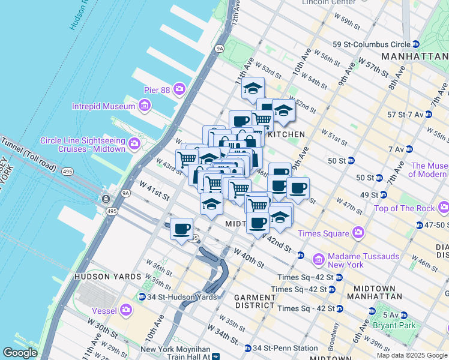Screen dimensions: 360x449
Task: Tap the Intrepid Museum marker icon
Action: [143, 107]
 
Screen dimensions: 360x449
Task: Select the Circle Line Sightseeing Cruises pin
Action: [134, 144]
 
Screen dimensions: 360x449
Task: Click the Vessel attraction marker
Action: [125, 310]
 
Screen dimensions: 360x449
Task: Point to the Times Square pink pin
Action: [358, 233]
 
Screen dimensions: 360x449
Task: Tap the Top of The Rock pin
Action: [443, 208]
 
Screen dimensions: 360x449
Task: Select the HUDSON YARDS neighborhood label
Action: [107, 277]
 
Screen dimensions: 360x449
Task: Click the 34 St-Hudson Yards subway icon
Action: [142, 296]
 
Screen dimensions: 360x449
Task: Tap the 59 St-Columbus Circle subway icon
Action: [415, 44]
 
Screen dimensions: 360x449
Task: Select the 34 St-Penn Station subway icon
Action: [247, 348]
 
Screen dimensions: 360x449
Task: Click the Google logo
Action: [20, 353]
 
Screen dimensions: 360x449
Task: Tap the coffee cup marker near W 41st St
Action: [182, 229]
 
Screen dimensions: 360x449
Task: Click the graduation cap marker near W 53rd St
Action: [253, 88]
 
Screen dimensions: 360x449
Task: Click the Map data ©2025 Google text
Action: [411, 355]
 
